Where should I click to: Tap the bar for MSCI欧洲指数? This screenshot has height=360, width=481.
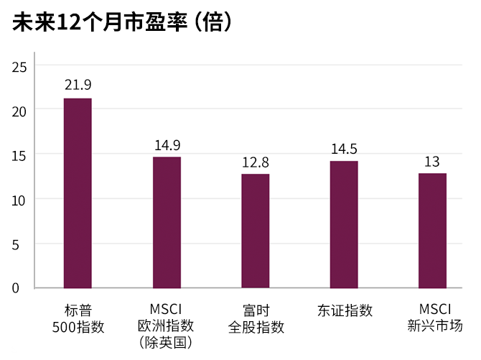(x=167, y=222)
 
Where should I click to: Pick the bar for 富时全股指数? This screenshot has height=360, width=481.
(x=256, y=231)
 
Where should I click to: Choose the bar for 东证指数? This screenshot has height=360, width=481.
(x=344, y=224)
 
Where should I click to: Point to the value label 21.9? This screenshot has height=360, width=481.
(x=78, y=86)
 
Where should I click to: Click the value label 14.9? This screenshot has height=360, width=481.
(x=167, y=144)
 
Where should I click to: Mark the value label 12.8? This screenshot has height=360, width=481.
(x=256, y=162)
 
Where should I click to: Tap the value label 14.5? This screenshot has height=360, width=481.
(x=344, y=149)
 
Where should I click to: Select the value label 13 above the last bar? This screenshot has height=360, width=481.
(x=432, y=161)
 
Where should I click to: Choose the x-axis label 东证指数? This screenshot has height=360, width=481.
(x=345, y=310)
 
